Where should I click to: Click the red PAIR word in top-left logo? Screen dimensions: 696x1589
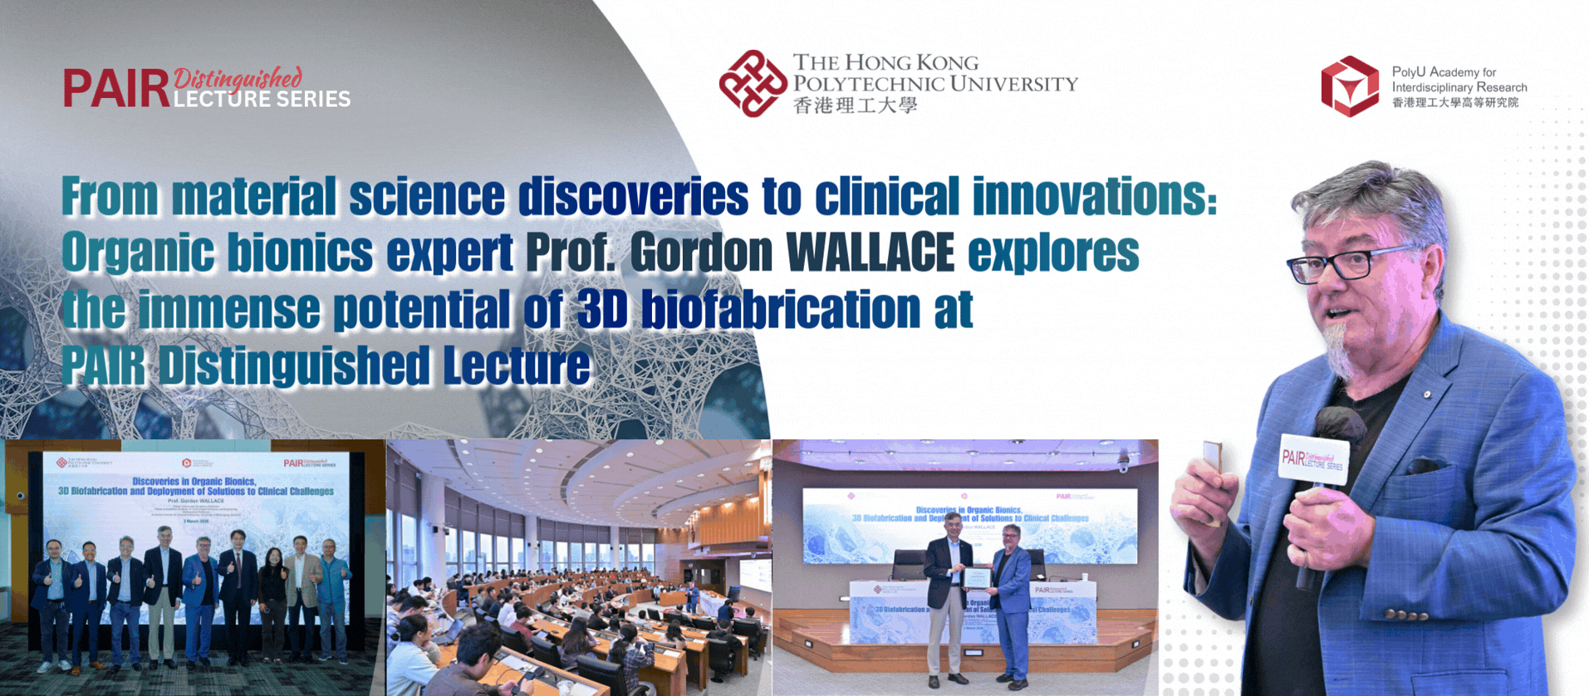(x=116, y=89)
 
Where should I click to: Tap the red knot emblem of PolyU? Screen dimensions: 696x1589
(x=753, y=83)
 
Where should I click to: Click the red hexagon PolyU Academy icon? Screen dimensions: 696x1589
(x=1350, y=86)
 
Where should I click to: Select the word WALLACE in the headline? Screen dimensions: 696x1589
(x=870, y=252)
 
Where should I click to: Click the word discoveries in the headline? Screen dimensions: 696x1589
(x=633, y=197)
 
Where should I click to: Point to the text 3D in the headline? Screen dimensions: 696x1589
(x=601, y=309)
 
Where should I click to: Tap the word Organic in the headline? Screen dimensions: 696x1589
(x=137, y=252)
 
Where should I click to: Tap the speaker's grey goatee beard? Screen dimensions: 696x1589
(x=1340, y=349)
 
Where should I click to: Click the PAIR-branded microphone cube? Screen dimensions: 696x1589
(x=1312, y=459)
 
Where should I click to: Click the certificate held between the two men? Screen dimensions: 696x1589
(x=978, y=578)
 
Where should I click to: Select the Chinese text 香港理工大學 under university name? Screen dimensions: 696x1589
(x=855, y=105)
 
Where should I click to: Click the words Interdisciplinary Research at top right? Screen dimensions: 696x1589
(x=1459, y=87)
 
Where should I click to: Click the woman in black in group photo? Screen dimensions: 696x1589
(x=272, y=598)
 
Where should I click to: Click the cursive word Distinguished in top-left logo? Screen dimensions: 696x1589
(x=238, y=79)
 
